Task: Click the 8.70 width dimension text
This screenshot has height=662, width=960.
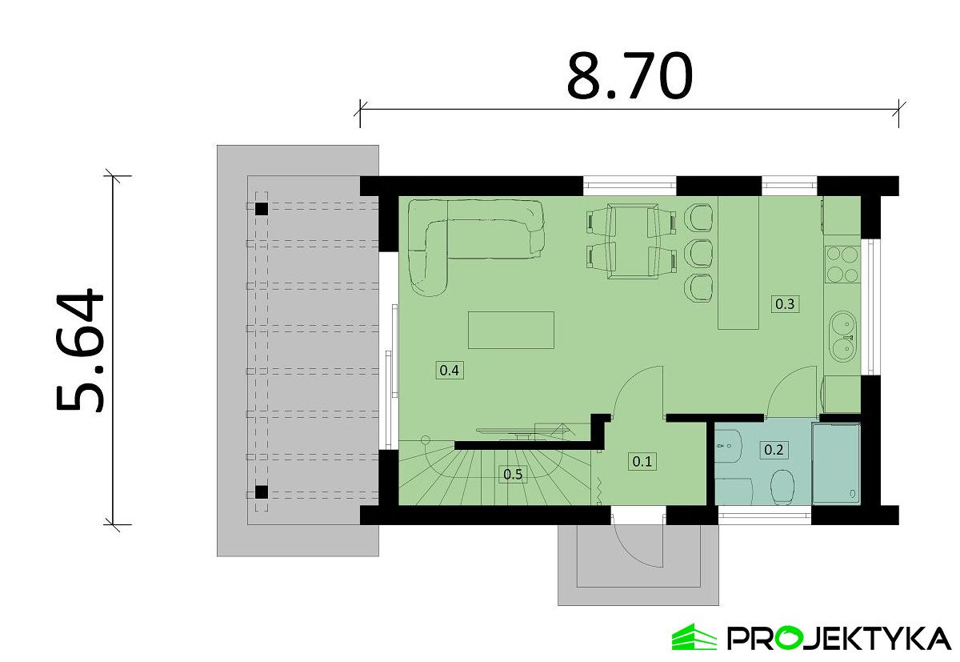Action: coord(629,76)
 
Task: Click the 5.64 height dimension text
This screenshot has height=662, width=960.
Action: coord(80,351)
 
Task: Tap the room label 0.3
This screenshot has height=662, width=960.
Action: coord(785,304)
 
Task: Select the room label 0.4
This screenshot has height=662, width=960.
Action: coord(450,370)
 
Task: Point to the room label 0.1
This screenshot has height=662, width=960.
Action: coord(642,461)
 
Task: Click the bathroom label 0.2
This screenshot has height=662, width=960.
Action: coord(774,450)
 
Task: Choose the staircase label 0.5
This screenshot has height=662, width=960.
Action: coord(513,474)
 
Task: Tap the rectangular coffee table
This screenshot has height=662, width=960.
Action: coord(511,330)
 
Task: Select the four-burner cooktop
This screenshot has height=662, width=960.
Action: coord(842,264)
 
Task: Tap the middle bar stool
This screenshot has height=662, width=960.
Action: coord(698,254)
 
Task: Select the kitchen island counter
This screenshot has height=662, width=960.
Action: coord(738,263)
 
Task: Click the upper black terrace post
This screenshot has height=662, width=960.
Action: coord(262,209)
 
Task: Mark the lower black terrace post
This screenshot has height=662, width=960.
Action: coord(262,491)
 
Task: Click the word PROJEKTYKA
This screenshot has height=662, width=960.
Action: coord(839,639)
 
